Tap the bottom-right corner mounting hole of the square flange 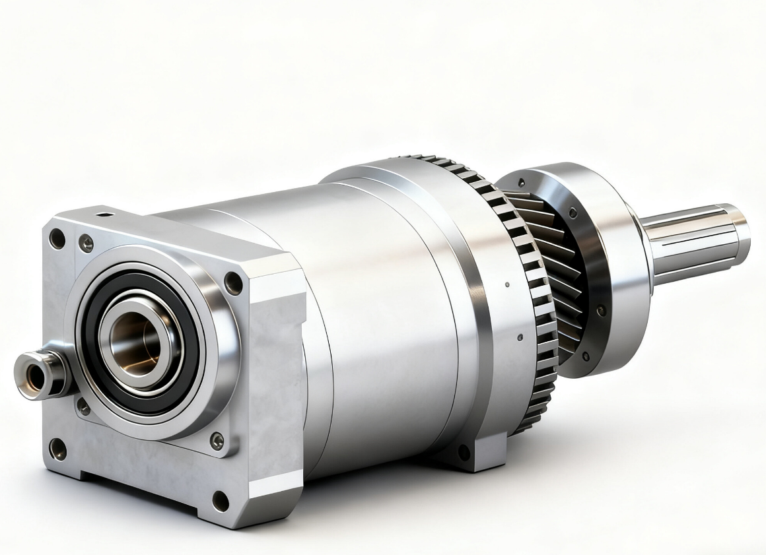pyautogui.click(x=220, y=502)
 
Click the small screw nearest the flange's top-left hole pyautogui.click(x=86, y=244)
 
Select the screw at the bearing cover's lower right pyautogui.click(x=216, y=441)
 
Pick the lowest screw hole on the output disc pyautogui.click(x=585, y=356)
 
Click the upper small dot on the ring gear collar pyautogui.click(x=506, y=285)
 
